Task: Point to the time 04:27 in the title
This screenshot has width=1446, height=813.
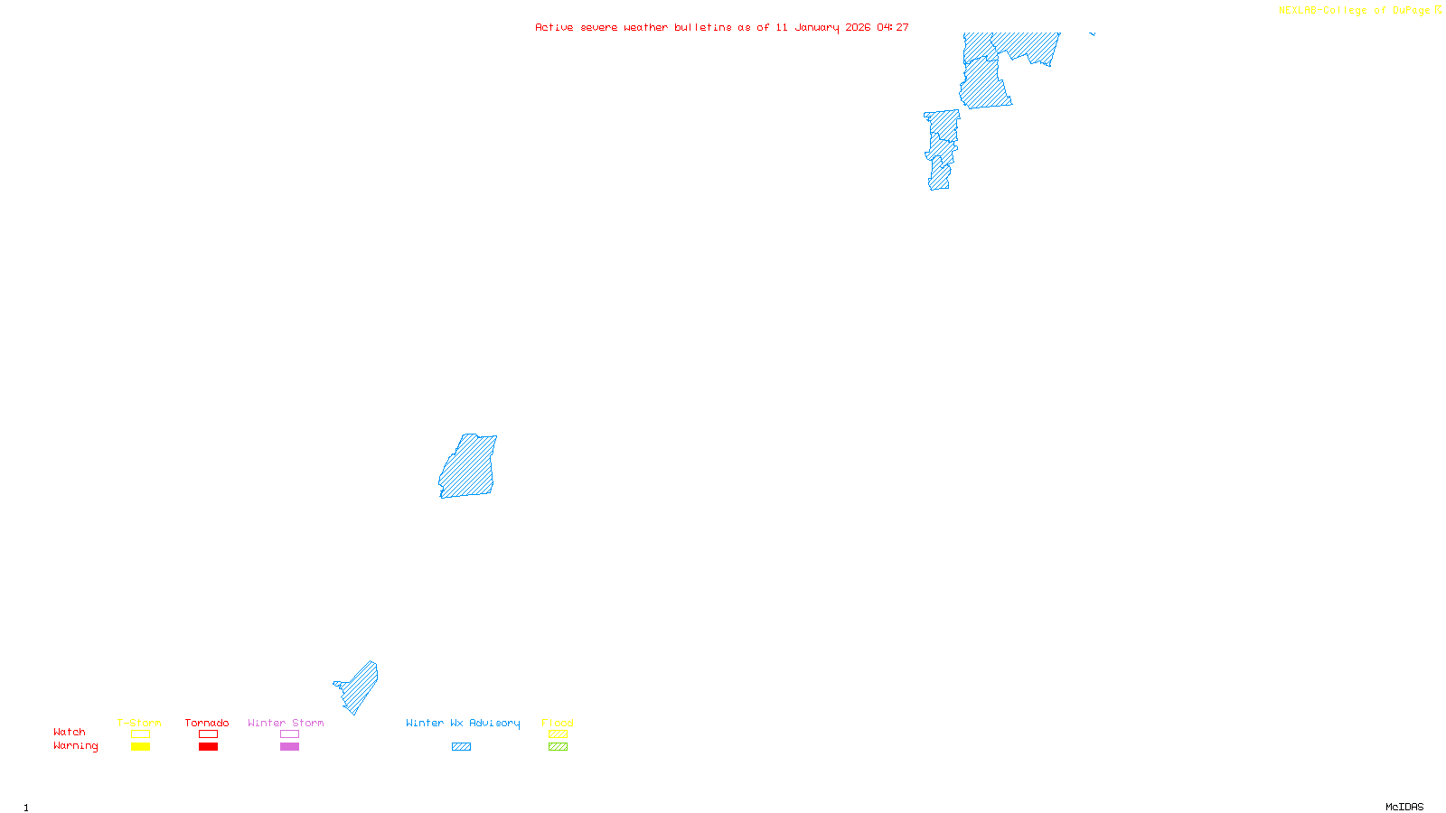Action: click(x=893, y=28)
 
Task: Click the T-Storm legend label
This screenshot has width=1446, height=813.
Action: click(x=139, y=723)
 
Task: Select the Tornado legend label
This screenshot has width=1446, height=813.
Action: click(x=207, y=723)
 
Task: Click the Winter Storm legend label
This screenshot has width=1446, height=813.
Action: click(x=286, y=723)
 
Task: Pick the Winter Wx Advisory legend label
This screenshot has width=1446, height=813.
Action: click(x=463, y=723)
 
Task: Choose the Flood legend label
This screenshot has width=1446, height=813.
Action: click(x=558, y=723)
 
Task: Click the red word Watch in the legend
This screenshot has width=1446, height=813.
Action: click(x=70, y=733)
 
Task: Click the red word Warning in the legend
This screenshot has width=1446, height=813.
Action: click(x=75, y=746)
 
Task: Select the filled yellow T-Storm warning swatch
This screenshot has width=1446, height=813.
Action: click(x=140, y=747)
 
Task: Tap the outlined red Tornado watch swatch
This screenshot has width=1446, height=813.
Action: click(x=208, y=734)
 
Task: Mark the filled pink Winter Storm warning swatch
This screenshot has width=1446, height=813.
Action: click(x=289, y=747)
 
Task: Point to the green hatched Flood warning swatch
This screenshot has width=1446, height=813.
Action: click(x=558, y=747)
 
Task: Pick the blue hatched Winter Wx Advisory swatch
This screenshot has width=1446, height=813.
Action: click(x=461, y=747)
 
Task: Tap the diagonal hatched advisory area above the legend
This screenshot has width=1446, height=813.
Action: click(x=359, y=688)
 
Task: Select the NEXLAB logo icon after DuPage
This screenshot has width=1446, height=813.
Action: click(x=1438, y=10)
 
